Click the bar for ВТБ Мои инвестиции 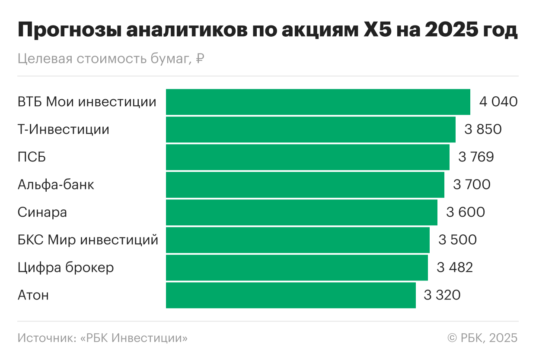(318, 102)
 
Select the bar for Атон (290, 295)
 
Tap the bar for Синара (301, 212)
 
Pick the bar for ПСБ (307, 157)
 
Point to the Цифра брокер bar (297, 268)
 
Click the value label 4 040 (498, 102)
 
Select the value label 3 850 (483, 129)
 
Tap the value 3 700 (472, 185)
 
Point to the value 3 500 (457, 240)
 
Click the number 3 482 (455, 268)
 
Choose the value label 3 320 (442, 295)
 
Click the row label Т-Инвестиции (64, 129)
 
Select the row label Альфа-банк (56, 185)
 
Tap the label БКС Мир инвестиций (88, 240)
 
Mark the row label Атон (33, 295)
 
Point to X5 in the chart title (372, 31)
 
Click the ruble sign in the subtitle (200, 59)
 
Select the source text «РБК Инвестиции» (134, 338)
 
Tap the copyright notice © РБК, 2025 (482, 338)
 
